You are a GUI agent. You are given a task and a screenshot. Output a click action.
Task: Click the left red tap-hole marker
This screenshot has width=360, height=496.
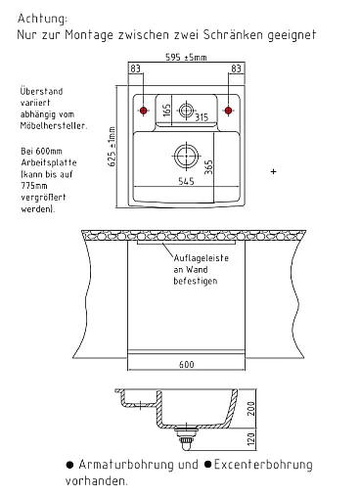click(143, 111)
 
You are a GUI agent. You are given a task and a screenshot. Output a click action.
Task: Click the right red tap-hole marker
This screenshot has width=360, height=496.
click(228, 111)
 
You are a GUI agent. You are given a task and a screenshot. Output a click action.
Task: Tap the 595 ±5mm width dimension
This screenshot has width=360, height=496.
click(186, 58)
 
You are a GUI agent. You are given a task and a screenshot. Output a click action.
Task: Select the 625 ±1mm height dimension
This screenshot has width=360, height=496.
click(112, 147)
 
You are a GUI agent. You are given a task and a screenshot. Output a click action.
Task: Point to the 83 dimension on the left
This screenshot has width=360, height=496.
click(135, 68)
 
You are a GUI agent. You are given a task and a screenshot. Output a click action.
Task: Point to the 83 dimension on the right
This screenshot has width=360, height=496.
click(236, 68)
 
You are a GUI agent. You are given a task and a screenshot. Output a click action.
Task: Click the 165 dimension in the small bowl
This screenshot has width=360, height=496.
click(166, 110)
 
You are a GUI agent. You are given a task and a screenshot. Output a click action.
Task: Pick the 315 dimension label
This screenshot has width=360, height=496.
click(202, 116)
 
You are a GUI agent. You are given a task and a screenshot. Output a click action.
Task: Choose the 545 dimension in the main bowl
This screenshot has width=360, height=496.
click(186, 181)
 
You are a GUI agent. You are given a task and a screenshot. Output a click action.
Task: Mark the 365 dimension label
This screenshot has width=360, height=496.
click(208, 166)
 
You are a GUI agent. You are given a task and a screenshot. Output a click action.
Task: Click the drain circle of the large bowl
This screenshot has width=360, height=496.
click(186, 157)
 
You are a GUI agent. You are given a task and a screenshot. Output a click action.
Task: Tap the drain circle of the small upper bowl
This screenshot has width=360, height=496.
click(186, 110)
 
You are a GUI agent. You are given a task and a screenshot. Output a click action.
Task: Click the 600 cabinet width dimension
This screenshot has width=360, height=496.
click(187, 364)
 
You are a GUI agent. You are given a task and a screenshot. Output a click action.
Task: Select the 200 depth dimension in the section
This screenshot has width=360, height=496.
click(251, 408)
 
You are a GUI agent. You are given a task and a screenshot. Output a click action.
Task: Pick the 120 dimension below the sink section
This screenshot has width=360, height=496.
click(251, 439)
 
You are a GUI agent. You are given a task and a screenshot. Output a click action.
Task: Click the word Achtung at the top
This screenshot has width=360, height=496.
click(42, 19)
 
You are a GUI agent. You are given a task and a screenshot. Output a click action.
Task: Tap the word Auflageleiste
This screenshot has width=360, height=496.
click(202, 258)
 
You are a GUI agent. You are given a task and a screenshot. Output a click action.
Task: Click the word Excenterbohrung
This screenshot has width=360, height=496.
click(263, 465)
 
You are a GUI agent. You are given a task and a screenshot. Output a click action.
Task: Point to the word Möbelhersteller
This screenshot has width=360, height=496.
click(54, 126)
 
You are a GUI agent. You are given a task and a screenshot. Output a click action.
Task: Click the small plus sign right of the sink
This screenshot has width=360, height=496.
click(273, 171)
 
